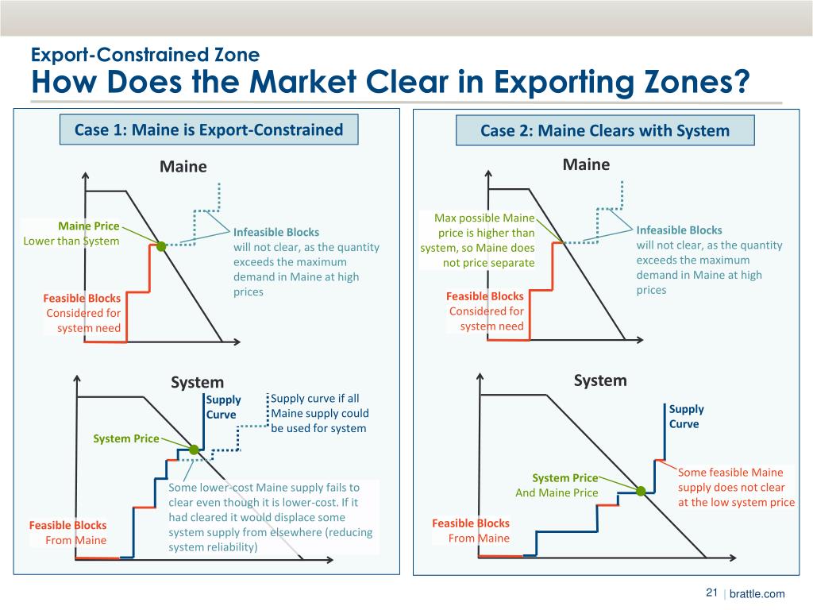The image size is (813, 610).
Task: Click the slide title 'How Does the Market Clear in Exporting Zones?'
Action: (x=389, y=82)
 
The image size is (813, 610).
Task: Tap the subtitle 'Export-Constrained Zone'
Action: (x=144, y=55)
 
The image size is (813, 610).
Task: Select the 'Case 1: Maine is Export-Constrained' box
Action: (x=209, y=129)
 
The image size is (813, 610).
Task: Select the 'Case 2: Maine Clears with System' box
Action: (x=604, y=131)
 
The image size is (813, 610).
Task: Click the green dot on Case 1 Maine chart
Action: (x=160, y=246)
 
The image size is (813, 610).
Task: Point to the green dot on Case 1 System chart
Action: (x=194, y=450)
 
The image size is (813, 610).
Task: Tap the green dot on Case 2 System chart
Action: (x=641, y=491)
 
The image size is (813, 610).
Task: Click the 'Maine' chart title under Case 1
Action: (x=183, y=167)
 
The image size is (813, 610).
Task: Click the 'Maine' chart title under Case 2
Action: (x=586, y=164)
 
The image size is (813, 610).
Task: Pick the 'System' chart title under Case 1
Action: (x=198, y=382)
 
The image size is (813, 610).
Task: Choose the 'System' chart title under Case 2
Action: (x=600, y=380)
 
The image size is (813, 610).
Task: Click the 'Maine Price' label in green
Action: (x=88, y=226)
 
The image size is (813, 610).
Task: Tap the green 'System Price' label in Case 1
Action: (x=125, y=438)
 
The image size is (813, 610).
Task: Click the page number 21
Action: (x=711, y=593)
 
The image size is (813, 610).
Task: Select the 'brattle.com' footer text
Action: (x=757, y=594)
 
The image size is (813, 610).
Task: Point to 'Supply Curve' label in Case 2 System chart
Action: (x=686, y=416)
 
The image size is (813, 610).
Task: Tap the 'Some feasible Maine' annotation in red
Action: (x=730, y=473)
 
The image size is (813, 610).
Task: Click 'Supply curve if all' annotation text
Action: (x=314, y=399)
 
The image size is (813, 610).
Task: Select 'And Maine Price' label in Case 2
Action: (x=557, y=492)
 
